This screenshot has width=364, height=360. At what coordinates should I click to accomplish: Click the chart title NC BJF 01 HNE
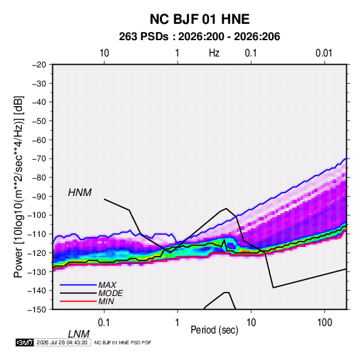tap(199, 19)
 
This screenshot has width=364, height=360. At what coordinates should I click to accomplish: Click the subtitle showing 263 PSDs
tap(199, 37)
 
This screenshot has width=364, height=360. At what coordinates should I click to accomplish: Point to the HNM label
tap(80, 193)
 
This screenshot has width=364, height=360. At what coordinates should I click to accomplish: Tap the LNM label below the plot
tap(79, 334)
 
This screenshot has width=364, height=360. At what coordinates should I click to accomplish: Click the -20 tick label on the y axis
tap(39, 65)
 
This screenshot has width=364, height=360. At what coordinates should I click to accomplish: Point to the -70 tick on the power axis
tap(39, 159)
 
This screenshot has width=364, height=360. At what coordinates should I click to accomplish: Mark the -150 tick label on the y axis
tap(37, 310)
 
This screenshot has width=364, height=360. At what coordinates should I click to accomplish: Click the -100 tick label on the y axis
tap(37, 215)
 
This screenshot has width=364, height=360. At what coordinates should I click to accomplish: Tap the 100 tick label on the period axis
tap(325, 322)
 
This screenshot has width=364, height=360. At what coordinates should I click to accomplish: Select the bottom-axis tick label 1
tap(178, 322)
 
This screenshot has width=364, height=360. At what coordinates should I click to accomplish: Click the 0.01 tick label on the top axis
tap(324, 53)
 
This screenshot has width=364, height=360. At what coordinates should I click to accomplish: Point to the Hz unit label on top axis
tap(214, 53)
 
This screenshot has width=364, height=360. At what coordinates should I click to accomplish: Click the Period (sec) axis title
tap(214, 329)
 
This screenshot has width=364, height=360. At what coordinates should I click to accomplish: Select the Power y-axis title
tap(18, 187)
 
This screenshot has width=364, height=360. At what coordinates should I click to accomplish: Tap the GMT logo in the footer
tap(25, 342)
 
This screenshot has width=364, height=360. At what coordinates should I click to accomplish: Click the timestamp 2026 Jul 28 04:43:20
tap(62, 342)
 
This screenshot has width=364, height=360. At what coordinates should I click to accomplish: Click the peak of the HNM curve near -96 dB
tap(226, 208)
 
